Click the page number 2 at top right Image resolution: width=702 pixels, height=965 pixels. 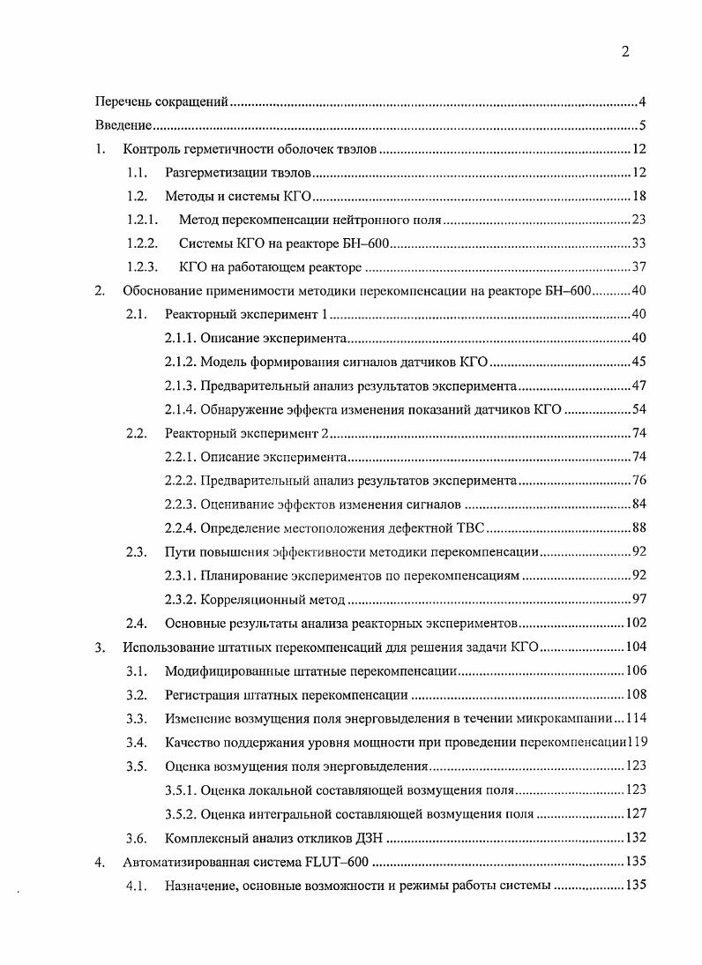pos(624,52)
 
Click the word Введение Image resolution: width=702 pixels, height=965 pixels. pos(123,125)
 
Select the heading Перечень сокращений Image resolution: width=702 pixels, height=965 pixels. pos(162,102)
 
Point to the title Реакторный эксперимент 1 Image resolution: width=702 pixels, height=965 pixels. pos(246,315)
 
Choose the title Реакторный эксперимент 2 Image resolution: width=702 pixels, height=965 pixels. pos(246,433)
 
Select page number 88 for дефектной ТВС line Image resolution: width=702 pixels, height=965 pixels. pos(640,528)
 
